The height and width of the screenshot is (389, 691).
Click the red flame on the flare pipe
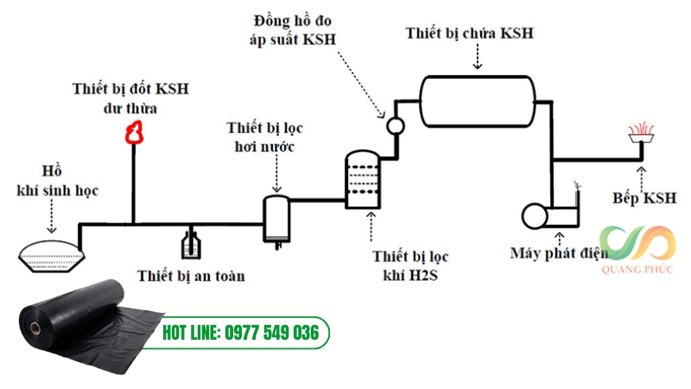coord(133,131)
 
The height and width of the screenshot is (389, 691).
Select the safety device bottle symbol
coord(191,244)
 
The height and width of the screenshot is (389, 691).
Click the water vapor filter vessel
coord(276,219)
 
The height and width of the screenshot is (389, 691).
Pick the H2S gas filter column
coord(361,180)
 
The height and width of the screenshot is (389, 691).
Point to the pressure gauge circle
coord(395,124)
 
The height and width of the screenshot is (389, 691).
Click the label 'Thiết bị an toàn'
coord(191,277)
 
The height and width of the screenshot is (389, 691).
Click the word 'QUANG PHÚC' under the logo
coord(638,268)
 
